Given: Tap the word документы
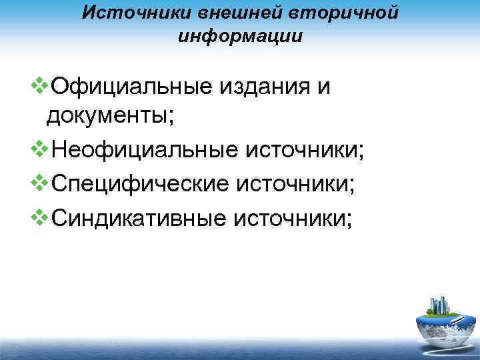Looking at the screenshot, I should pyautogui.click(x=110, y=117).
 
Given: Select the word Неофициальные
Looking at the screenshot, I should pyautogui.click(x=139, y=149).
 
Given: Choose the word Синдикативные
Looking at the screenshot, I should pyautogui.click(x=137, y=213).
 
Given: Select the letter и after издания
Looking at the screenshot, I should pyautogui.click(x=323, y=88).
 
